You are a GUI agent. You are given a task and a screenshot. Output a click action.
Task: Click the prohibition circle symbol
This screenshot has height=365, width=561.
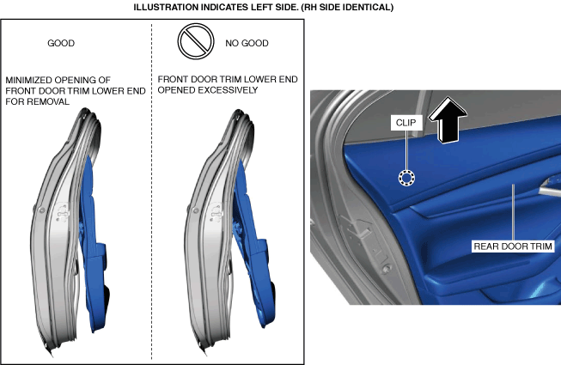click(x=196, y=41)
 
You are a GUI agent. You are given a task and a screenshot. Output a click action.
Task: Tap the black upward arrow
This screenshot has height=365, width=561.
click(x=448, y=120)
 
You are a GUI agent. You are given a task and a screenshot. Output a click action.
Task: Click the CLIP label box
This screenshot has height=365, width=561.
click(x=406, y=123)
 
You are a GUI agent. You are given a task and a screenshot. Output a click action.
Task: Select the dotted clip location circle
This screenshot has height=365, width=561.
click(x=407, y=178)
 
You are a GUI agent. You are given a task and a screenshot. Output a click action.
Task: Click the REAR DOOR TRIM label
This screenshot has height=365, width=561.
click(x=513, y=246)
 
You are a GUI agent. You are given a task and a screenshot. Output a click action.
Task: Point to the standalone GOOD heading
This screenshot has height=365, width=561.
click(x=61, y=43)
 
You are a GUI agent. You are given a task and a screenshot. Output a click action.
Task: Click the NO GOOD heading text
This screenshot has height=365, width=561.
click(x=247, y=43)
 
